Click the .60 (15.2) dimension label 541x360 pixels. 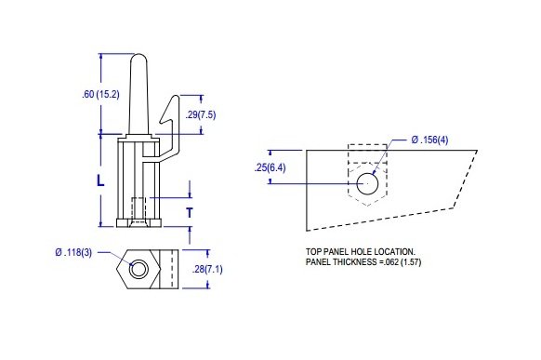tap(100, 94)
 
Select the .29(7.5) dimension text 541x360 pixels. tap(201, 114)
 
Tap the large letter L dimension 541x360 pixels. tap(100, 180)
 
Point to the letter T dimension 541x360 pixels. tap(190, 213)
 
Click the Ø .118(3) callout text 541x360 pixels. tap(73, 252)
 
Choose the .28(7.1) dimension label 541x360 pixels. tap(207, 269)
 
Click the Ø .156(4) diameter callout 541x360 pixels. tap(429, 140)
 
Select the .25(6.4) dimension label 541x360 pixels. tap(270, 168)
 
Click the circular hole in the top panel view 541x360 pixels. tap(367, 183)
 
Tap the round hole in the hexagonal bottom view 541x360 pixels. tap(139, 269)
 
